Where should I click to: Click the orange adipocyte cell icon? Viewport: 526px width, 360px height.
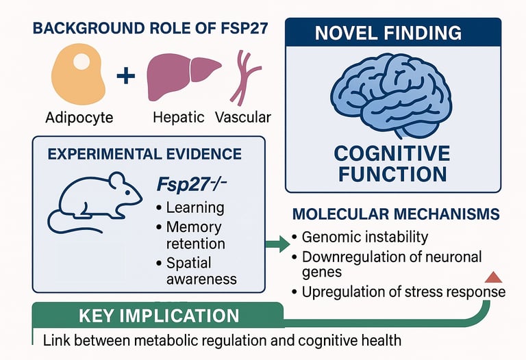coord(80,75)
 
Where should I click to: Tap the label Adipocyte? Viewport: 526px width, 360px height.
coord(80,117)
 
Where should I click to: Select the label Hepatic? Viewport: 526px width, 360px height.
coord(177,117)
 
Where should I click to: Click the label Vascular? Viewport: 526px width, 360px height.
coord(242,117)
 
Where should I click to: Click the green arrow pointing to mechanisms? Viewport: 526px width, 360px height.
coord(277,244)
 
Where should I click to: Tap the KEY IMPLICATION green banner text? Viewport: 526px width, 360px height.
coord(159,316)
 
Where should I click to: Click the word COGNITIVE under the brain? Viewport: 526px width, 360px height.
coord(392,152)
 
